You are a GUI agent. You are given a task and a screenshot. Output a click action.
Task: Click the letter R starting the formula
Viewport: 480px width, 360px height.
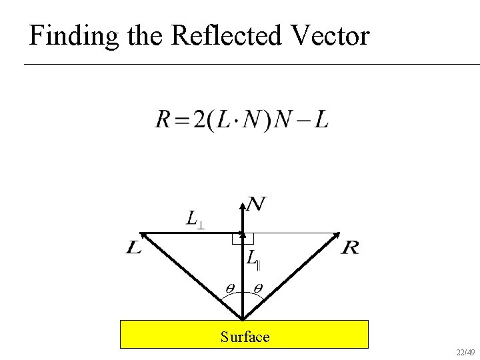[x=163, y=121]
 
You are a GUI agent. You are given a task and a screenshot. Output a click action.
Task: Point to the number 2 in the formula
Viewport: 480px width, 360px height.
[x=199, y=121]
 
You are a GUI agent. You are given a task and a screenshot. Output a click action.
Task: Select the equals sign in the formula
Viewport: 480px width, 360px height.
[x=181, y=121]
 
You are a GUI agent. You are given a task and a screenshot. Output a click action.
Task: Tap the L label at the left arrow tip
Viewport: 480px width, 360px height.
[x=133, y=249]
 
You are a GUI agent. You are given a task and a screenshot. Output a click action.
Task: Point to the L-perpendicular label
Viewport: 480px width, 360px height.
[x=195, y=219]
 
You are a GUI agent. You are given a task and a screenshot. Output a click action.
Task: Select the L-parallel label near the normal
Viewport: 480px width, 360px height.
[x=253, y=258]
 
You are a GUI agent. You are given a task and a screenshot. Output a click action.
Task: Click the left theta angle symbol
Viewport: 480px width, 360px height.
[x=229, y=288]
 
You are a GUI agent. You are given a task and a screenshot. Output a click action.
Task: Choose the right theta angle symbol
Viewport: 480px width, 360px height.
[x=257, y=288]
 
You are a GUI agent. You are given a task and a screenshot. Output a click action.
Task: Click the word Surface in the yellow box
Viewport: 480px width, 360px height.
[x=245, y=337]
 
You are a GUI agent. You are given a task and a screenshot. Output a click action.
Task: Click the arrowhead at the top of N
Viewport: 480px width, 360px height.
[x=243, y=200]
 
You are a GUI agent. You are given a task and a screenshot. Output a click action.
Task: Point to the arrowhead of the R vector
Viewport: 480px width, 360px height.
[x=337, y=237]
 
